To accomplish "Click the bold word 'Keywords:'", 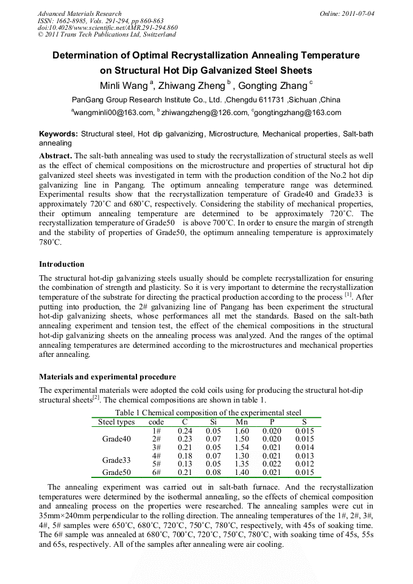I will [58, 133].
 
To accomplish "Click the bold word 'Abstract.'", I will [55, 156].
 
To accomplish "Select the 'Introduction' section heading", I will [62, 264].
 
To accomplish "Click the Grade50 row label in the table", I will [116, 472].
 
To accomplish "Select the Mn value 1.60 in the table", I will [242, 431].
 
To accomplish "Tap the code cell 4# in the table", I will [156, 456].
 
